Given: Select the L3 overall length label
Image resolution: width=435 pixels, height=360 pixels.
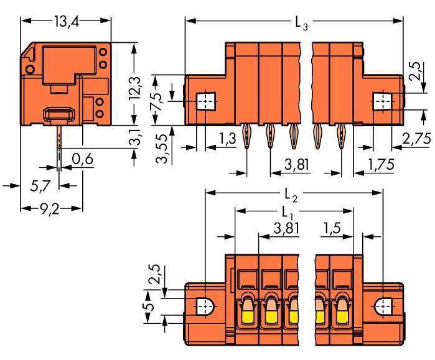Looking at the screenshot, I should tap(301, 24).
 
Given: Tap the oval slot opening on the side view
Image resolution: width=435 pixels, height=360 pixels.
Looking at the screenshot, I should tap(58, 114).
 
